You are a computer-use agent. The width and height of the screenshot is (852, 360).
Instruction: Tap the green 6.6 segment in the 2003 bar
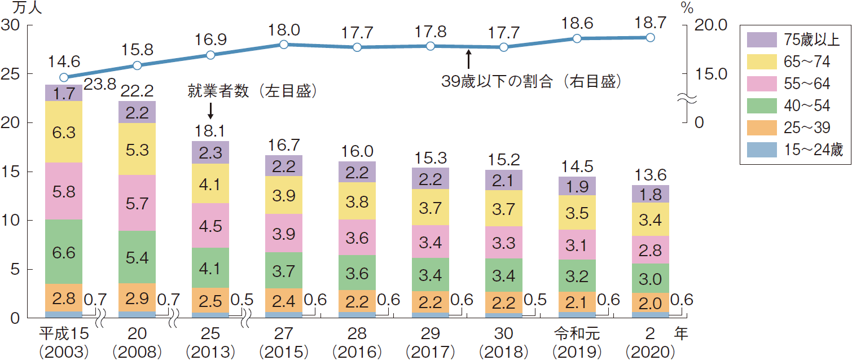(x=64, y=252)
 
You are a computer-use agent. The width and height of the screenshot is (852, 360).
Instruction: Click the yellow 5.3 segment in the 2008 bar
(x=137, y=149)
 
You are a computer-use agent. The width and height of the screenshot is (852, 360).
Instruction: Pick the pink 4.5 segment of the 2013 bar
(x=210, y=225)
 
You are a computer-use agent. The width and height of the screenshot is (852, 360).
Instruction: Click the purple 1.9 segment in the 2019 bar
(x=577, y=186)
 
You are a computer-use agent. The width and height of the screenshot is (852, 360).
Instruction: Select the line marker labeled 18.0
(x=284, y=44)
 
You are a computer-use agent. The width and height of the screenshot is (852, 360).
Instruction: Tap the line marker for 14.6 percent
(x=64, y=77)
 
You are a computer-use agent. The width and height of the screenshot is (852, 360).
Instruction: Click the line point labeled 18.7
(x=650, y=37)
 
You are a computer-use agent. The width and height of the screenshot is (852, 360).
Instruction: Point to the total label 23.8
(x=100, y=85)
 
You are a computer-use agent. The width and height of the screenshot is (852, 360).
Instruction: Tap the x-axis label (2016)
(x=357, y=352)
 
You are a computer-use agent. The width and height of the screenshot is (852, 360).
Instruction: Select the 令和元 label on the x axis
(x=577, y=334)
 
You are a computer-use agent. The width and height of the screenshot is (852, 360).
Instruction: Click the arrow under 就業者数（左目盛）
(x=210, y=109)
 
